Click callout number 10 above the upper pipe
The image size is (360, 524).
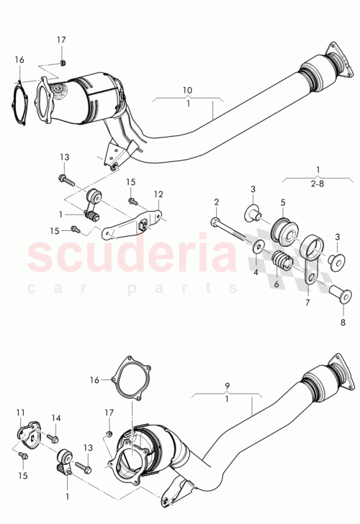click(187, 90)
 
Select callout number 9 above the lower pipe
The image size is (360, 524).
click(227, 386)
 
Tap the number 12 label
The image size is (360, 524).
click(158, 194)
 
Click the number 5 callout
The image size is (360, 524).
click(283, 202)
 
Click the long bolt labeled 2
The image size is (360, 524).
click(229, 229)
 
